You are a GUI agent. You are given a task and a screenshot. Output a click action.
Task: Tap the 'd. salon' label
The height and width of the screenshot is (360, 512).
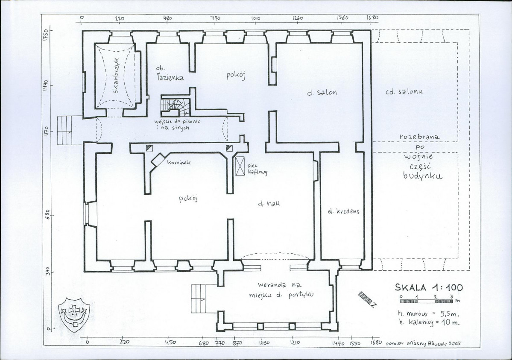pos(322,92)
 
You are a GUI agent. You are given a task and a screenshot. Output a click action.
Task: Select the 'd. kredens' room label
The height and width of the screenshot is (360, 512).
pos(343,211)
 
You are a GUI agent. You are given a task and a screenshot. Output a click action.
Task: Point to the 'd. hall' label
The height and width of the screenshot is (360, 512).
pos(269,204)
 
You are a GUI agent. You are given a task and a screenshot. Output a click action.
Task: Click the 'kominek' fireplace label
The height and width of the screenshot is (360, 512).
pos(178,162)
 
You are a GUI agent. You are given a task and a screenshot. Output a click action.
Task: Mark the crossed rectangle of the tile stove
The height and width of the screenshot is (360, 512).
pos(240,166)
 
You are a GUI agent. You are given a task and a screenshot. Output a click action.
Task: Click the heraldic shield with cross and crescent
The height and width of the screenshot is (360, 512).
pos(74,314)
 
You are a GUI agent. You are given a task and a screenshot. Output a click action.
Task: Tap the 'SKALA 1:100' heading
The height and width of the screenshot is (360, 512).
pos(429,287)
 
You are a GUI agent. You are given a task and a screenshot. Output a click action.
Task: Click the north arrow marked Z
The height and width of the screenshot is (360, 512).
pos(367,299)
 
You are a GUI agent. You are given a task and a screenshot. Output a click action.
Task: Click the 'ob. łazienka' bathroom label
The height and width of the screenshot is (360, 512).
pos(170,73)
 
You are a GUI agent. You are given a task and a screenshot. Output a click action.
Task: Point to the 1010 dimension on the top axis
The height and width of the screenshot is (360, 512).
pos(256,18)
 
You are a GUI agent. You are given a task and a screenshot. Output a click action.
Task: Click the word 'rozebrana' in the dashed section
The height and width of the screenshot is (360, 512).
pos(420,137)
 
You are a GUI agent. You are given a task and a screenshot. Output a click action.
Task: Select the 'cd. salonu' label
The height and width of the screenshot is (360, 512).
pos(404,91)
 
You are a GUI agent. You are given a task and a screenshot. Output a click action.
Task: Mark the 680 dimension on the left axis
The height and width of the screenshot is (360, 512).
pos(47,214)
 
